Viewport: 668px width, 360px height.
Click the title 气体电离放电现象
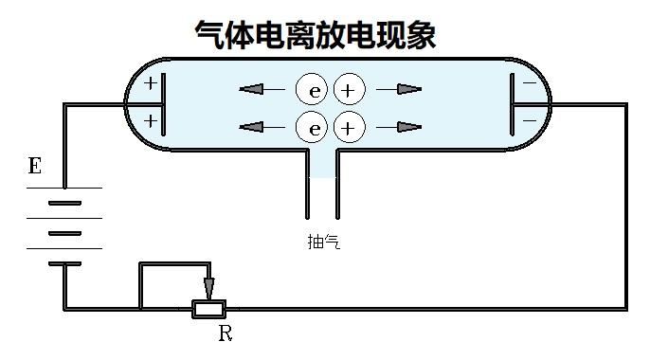[315, 35]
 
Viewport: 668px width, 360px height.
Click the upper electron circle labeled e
[312, 90]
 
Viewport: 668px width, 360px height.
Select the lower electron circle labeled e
[312, 127]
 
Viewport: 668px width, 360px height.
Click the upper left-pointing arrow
[262, 90]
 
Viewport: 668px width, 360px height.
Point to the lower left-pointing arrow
[262, 127]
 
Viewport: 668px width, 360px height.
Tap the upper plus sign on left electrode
[150, 84]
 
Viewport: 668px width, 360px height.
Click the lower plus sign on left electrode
[150, 121]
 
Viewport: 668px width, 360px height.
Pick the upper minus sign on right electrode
[529, 84]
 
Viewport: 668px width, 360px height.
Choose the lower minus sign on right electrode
[529, 120]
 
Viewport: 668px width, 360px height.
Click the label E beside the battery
[35, 167]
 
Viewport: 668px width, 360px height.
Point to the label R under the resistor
[226, 333]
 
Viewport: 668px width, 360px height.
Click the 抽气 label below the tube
[323, 242]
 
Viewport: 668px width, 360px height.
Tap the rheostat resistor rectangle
[208, 309]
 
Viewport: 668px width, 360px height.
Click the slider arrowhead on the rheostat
[208, 288]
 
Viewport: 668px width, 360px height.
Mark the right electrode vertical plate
[514, 103]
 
